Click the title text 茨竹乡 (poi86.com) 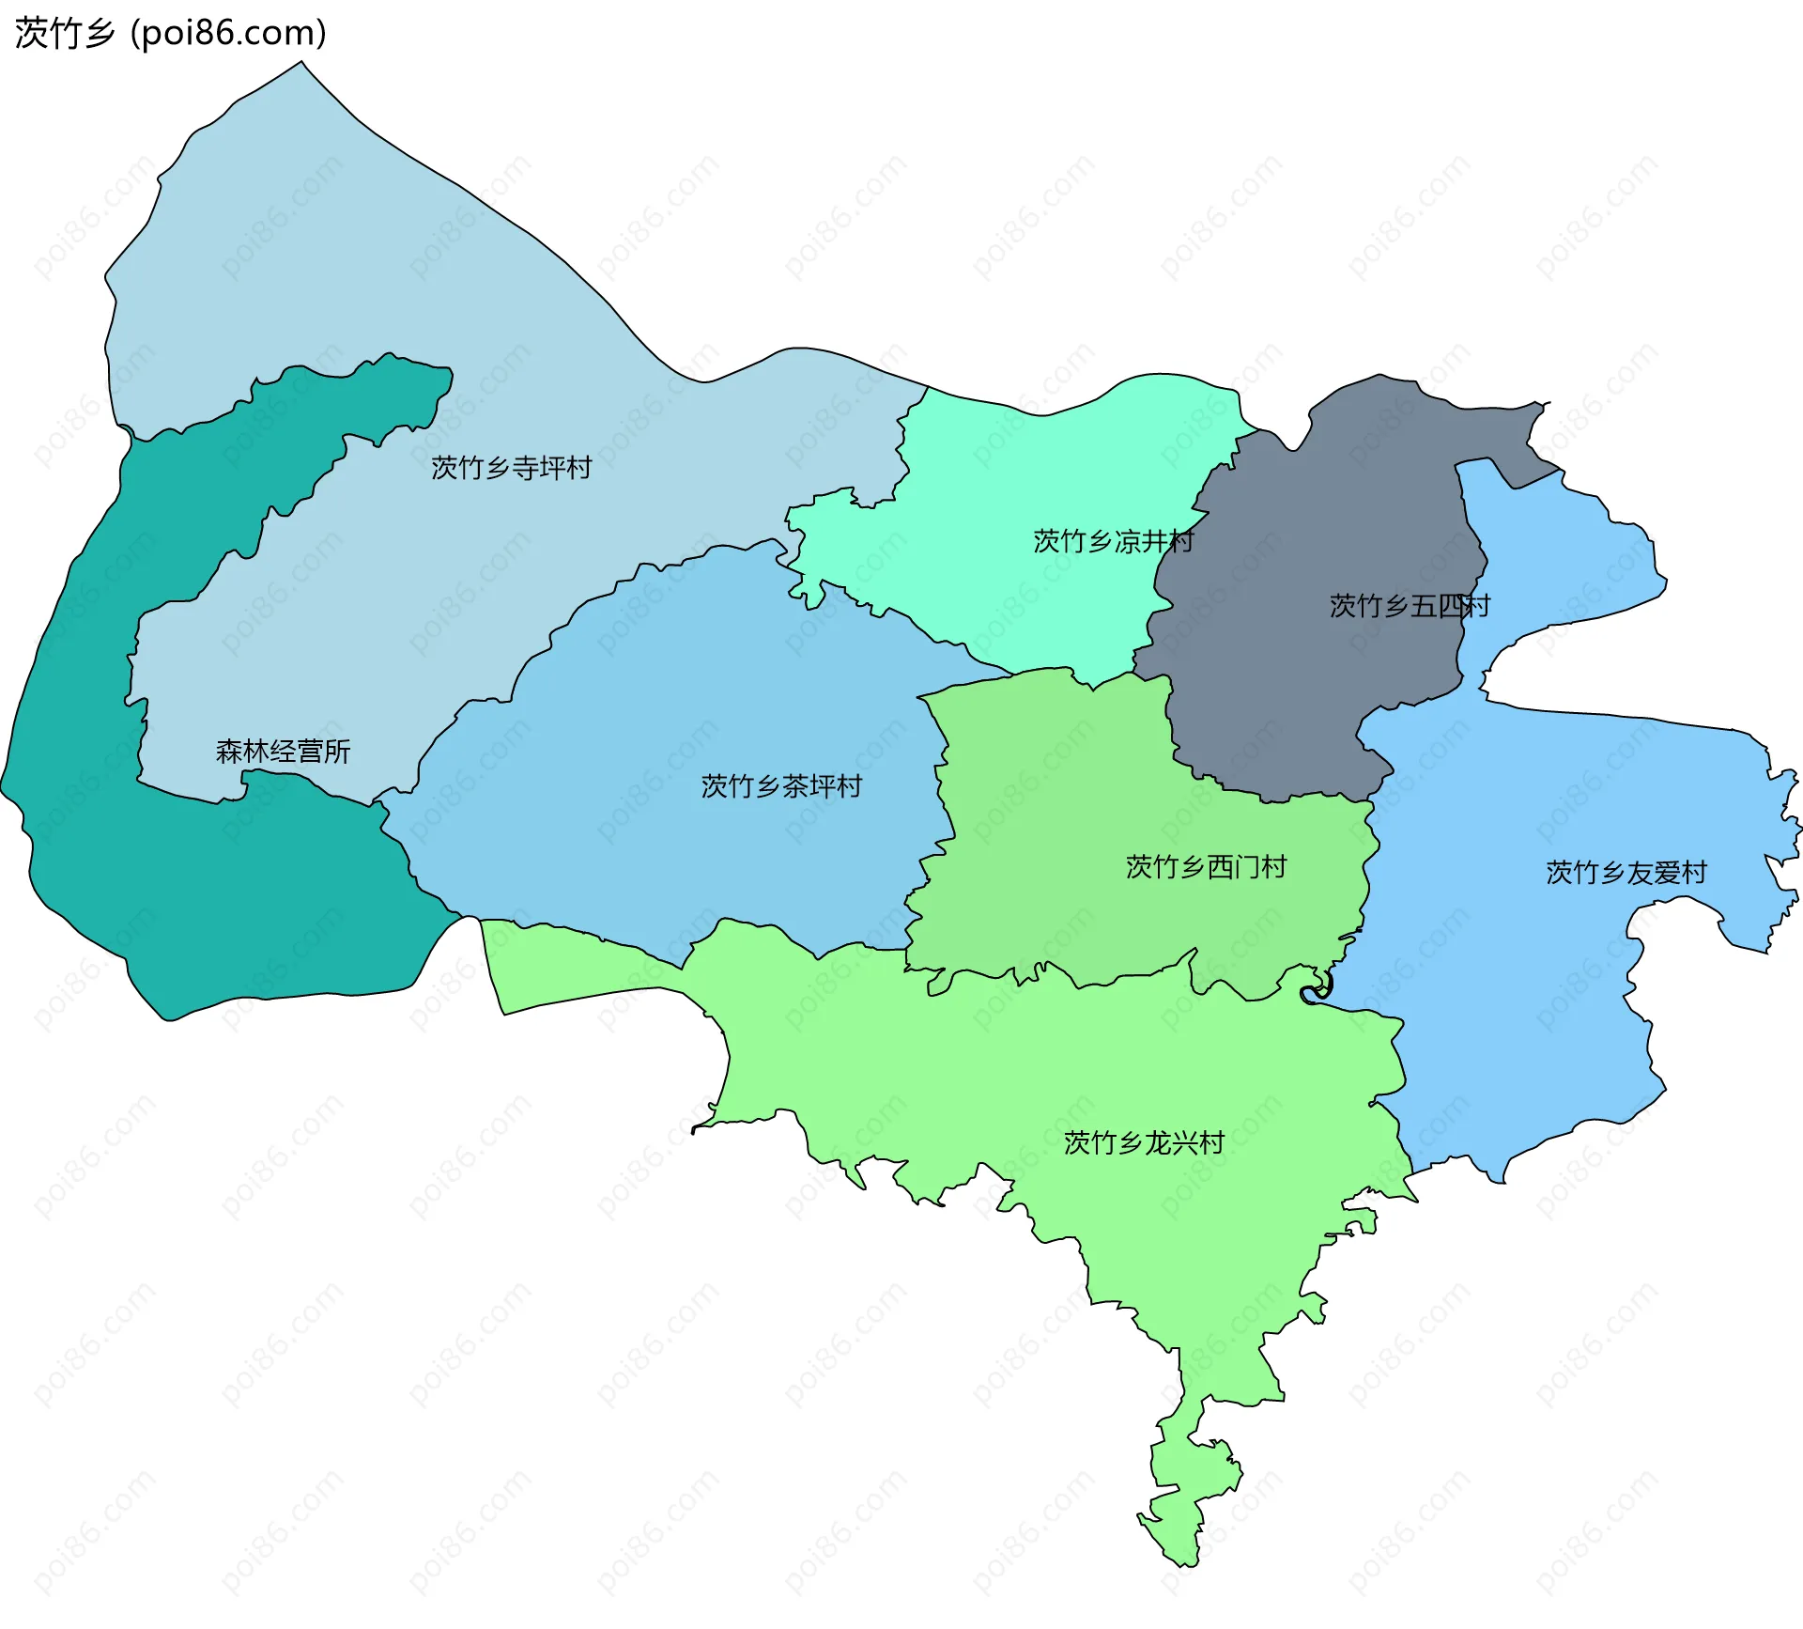click(170, 33)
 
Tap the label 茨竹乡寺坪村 click(511, 467)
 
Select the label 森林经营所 click(283, 751)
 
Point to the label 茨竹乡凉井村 click(1113, 541)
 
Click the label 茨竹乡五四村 click(1409, 606)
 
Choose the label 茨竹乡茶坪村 click(781, 785)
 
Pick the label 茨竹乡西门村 click(1206, 866)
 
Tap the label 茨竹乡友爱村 click(1626, 872)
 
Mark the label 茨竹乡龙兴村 click(1144, 1142)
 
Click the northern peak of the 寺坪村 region click(300, 75)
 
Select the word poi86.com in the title click(228, 33)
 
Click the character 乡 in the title click(99, 33)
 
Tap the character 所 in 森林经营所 click(337, 751)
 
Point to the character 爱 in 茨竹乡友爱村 click(1666, 872)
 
